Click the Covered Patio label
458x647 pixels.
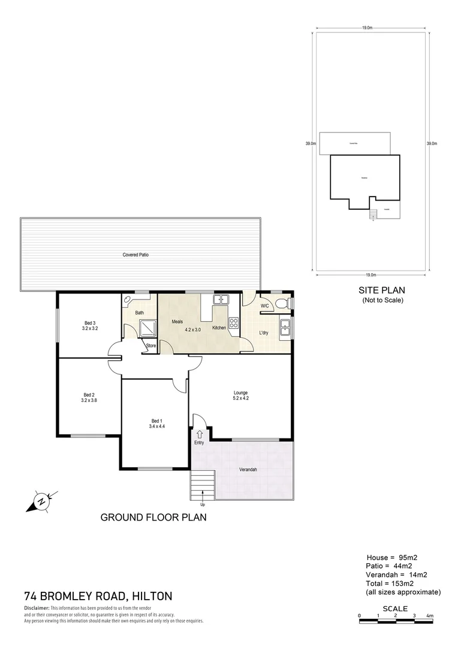[135, 255]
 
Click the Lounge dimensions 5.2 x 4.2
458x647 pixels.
[240, 398]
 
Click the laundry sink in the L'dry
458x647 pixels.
[285, 328]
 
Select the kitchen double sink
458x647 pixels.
[220, 300]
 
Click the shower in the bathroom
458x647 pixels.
[146, 328]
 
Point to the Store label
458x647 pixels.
[150, 346]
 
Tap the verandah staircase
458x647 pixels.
[203, 484]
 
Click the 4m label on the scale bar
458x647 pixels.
[430, 615]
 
